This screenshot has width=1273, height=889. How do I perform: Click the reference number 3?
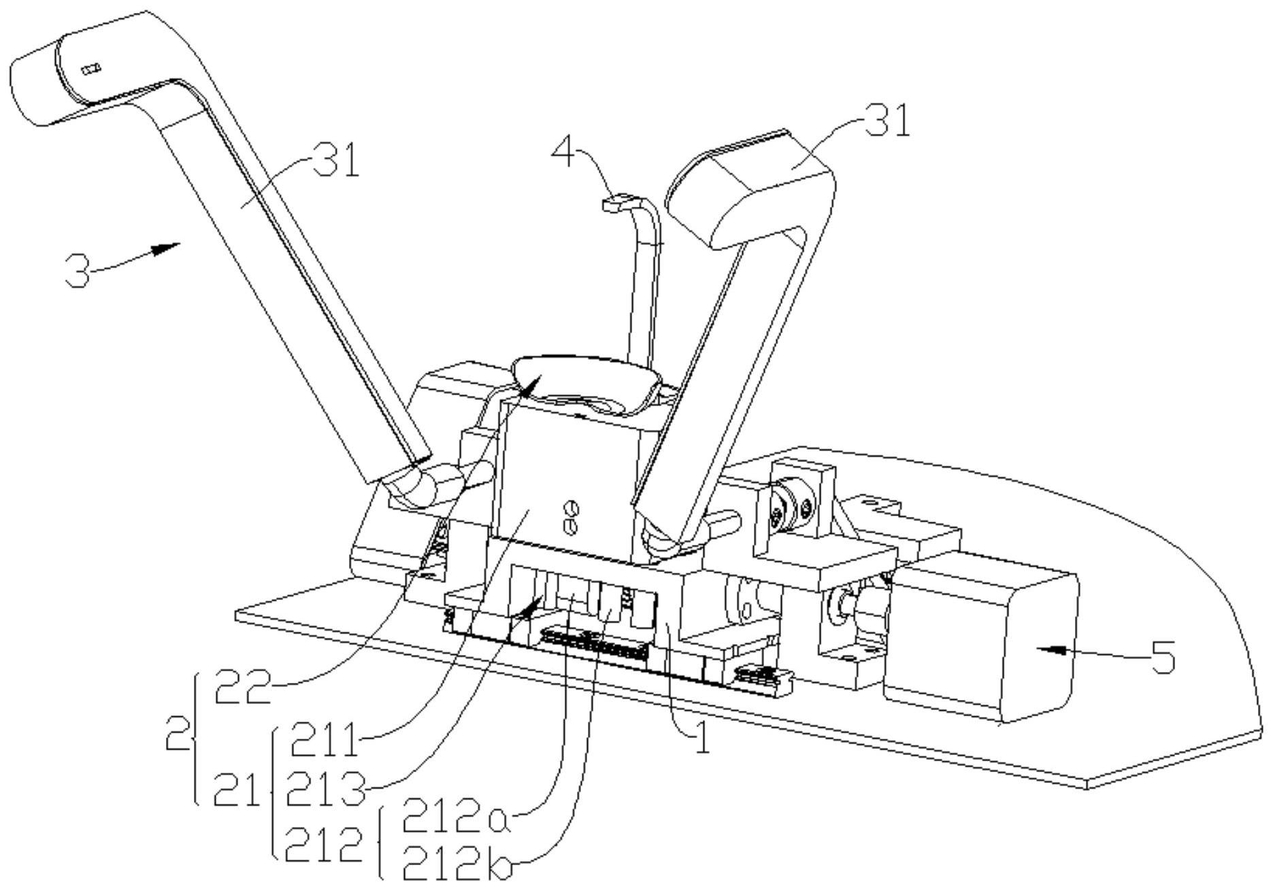point(77,271)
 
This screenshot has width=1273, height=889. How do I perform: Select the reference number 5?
point(1162,657)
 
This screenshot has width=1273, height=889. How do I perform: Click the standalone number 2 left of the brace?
point(178,733)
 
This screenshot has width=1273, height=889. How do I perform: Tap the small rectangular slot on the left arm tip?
point(90,68)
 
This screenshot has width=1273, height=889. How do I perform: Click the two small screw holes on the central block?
point(571,516)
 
